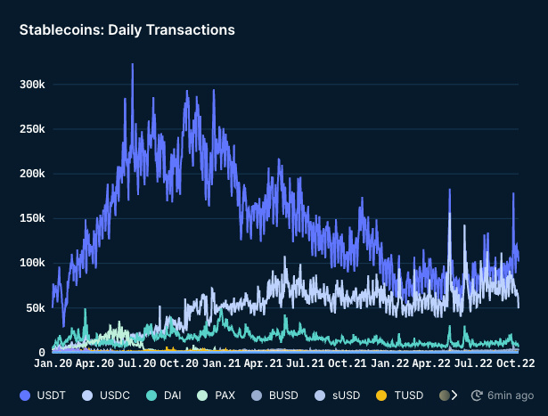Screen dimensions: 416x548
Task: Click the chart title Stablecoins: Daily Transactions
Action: (127, 30)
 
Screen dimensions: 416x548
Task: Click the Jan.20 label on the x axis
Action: (53, 363)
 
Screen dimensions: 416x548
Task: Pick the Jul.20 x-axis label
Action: (138, 363)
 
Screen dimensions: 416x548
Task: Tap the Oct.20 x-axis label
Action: (180, 363)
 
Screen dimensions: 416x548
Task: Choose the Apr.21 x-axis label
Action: (265, 363)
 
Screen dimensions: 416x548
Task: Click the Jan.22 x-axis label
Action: (391, 363)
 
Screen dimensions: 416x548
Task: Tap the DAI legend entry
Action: (168, 395)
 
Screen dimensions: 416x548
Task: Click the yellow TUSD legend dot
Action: (380, 395)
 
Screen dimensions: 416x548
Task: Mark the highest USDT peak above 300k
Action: (133, 64)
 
